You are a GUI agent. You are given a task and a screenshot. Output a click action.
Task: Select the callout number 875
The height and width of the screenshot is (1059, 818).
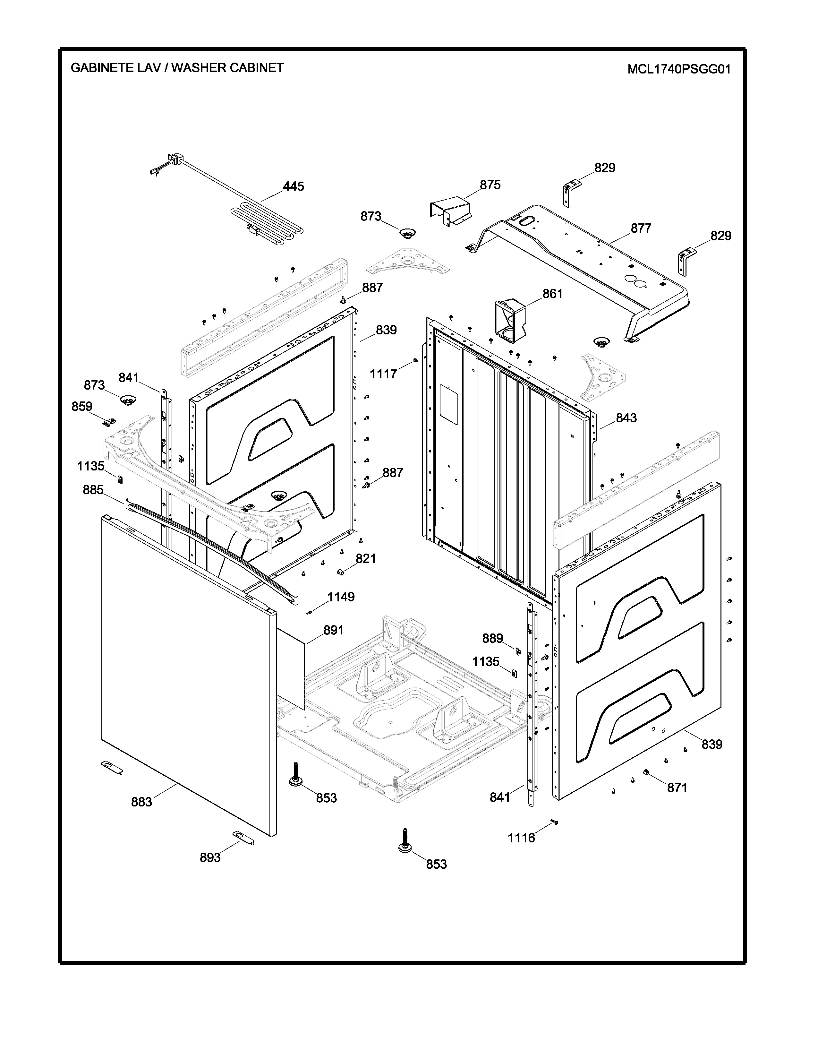(x=490, y=185)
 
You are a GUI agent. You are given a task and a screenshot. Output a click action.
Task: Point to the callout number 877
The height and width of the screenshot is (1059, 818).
(x=641, y=228)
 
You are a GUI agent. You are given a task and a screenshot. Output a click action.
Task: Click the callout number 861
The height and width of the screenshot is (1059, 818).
(x=552, y=294)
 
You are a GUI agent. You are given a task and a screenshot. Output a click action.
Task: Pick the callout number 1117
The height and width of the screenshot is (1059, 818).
(x=383, y=374)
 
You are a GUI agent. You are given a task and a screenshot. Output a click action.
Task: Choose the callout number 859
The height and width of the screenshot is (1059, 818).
(x=82, y=406)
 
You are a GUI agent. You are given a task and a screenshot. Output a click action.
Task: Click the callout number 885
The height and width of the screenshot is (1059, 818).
(x=93, y=490)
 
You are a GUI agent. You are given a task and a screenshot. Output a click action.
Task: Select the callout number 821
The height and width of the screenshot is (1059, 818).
(x=366, y=559)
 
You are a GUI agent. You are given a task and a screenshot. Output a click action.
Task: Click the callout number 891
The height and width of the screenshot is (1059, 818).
(x=333, y=630)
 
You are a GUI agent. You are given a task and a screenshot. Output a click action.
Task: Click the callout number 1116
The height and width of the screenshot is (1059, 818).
(x=521, y=838)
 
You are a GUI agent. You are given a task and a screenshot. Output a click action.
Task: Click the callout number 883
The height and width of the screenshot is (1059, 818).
(x=141, y=802)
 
